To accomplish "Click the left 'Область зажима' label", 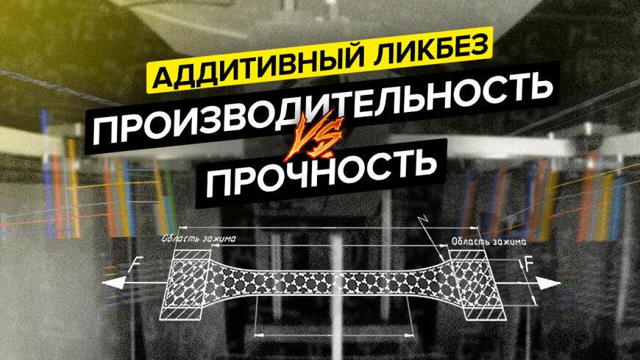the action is click(x=199, y=239).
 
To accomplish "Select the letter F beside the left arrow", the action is click(x=134, y=268).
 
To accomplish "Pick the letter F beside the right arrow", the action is click(x=529, y=265).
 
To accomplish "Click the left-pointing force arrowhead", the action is click(x=113, y=283).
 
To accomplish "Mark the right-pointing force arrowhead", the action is click(x=549, y=283).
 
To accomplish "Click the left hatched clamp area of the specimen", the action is click(x=186, y=284).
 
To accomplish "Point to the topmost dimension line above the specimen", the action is click(x=329, y=227).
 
